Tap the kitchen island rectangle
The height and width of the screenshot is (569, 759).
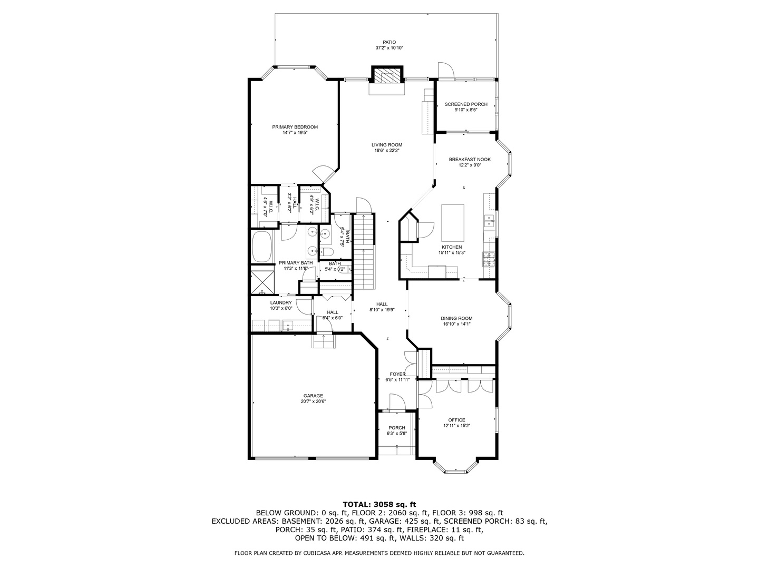point(452,222)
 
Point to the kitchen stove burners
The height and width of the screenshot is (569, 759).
point(489,258)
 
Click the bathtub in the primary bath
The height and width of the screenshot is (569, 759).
point(262,247)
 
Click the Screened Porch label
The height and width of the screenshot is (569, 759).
point(466,104)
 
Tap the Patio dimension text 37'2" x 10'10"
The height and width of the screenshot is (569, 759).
point(389,48)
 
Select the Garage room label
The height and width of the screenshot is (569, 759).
point(313,396)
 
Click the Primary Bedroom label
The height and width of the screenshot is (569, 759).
point(295,127)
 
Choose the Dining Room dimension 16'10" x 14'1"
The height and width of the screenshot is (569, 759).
point(456,324)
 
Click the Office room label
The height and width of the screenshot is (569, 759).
point(456,420)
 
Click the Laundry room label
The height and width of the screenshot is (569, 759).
point(281,302)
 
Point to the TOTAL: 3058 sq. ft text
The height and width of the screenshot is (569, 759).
point(379,504)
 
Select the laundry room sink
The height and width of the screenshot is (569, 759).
point(288,325)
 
